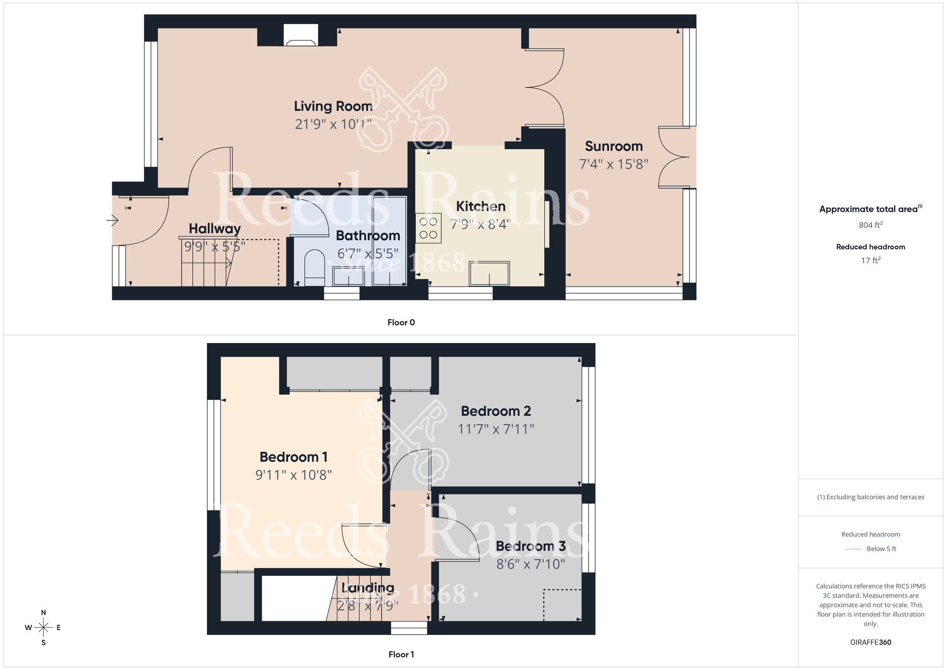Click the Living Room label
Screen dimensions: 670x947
tap(333, 106)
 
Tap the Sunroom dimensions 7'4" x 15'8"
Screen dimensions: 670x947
tap(614, 164)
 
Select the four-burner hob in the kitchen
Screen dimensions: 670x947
tap(429, 228)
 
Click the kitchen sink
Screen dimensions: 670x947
tap(489, 274)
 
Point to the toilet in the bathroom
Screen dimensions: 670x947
tap(314, 268)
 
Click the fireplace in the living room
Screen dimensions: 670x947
tap(301, 36)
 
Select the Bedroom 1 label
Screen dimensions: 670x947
tap(294, 457)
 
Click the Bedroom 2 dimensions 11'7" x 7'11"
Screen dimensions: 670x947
tap(496, 429)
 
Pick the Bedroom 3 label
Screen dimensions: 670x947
tap(530, 546)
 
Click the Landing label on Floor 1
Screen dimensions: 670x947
tap(368, 588)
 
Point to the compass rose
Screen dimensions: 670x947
tap(43, 628)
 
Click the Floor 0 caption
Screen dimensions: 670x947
tap(401, 322)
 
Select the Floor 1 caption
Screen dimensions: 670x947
tap(401, 654)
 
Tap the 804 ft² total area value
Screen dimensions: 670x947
tap(870, 225)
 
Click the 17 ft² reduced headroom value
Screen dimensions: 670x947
tap(870, 261)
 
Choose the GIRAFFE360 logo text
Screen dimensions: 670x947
tap(870, 643)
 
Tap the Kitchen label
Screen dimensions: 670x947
tap(481, 206)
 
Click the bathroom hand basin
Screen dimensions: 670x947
tap(348, 276)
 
